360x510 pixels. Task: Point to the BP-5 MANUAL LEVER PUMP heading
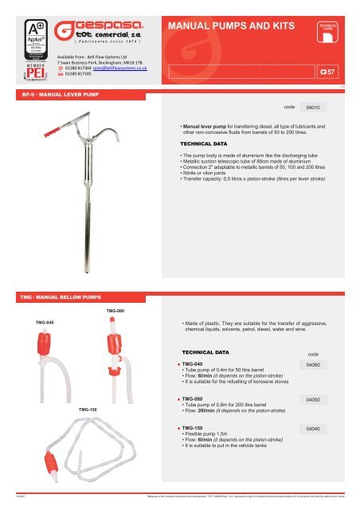tap(49, 92)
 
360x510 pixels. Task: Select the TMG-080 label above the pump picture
tap(115, 309)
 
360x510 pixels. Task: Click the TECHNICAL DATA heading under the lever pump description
tap(205, 143)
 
